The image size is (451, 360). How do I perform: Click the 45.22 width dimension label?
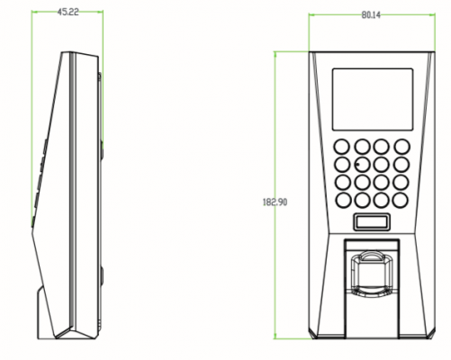click(68, 12)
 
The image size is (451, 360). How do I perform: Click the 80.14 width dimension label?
click(371, 15)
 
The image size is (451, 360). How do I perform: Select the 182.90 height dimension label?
click(275, 202)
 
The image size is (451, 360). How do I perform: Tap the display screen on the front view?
click(373, 99)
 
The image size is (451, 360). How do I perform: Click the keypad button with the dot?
click(362, 165)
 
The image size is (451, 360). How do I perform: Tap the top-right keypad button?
click(401, 147)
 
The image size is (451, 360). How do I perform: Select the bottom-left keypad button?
click(342, 200)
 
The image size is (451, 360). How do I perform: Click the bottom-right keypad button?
click(401, 200)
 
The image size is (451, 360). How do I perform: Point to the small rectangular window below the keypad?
click(372, 221)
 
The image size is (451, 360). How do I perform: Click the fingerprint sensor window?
click(372, 274)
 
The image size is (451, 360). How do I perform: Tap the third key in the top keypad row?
click(382, 147)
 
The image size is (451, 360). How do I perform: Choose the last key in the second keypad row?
click(401, 165)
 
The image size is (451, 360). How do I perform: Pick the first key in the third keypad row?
click(342, 182)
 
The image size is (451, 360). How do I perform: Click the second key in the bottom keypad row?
click(362, 200)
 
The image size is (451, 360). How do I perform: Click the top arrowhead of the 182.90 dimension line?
click(275, 54)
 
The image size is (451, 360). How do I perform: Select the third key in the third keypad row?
click(382, 182)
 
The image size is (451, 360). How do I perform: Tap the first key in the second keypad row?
click(342, 165)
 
